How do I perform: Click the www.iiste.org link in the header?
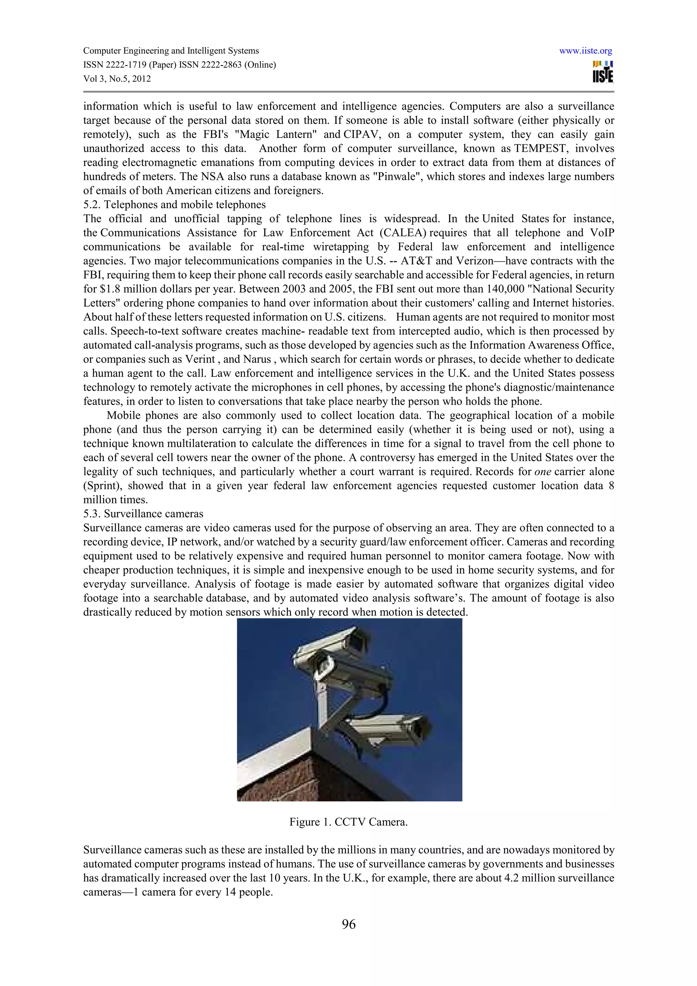[x=585, y=51]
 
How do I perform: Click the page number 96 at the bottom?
[x=348, y=924]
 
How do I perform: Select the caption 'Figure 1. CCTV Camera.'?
[x=348, y=822]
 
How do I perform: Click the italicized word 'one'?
[x=542, y=472]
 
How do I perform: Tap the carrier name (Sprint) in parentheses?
[x=101, y=486]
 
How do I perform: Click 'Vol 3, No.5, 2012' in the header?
[x=117, y=79]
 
